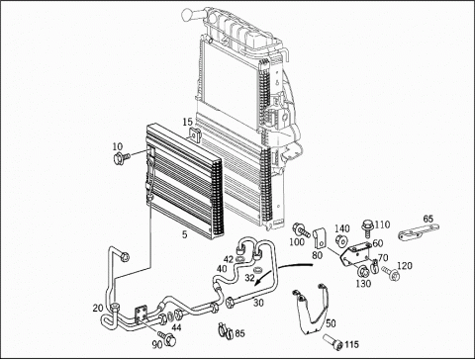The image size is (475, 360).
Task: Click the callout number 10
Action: pyautogui.click(x=118, y=146)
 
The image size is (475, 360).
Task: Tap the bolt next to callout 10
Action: pyautogui.click(x=121, y=158)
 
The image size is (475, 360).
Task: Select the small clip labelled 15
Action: pyautogui.click(x=195, y=135)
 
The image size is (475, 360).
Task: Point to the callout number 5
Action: pyautogui.click(x=185, y=234)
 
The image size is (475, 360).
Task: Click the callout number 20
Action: pyautogui.click(x=98, y=309)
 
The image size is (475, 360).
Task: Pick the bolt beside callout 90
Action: pyautogui.click(x=167, y=336)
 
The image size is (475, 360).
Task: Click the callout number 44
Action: pyautogui.click(x=176, y=327)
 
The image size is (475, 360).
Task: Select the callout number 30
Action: pyautogui.click(x=258, y=303)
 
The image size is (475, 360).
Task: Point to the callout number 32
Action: pyautogui.click(x=249, y=278)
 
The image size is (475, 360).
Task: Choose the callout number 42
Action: pyautogui.click(x=228, y=259)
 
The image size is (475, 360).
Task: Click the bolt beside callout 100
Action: pyautogui.click(x=301, y=230)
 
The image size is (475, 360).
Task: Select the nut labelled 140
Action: pyautogui.click(x=340, y=241)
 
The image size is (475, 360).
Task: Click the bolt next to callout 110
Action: pyautogui.click(x=367, y=228)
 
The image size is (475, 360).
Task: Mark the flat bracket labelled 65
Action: pyautogui.click(x=419, y=232)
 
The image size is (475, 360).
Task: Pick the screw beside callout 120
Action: pyautogui.click(x=391, y=273)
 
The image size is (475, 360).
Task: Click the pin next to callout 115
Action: pyautogui.click(x=333, y=341)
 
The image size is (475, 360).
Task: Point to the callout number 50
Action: pyautogui.click(x=331, y=323)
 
